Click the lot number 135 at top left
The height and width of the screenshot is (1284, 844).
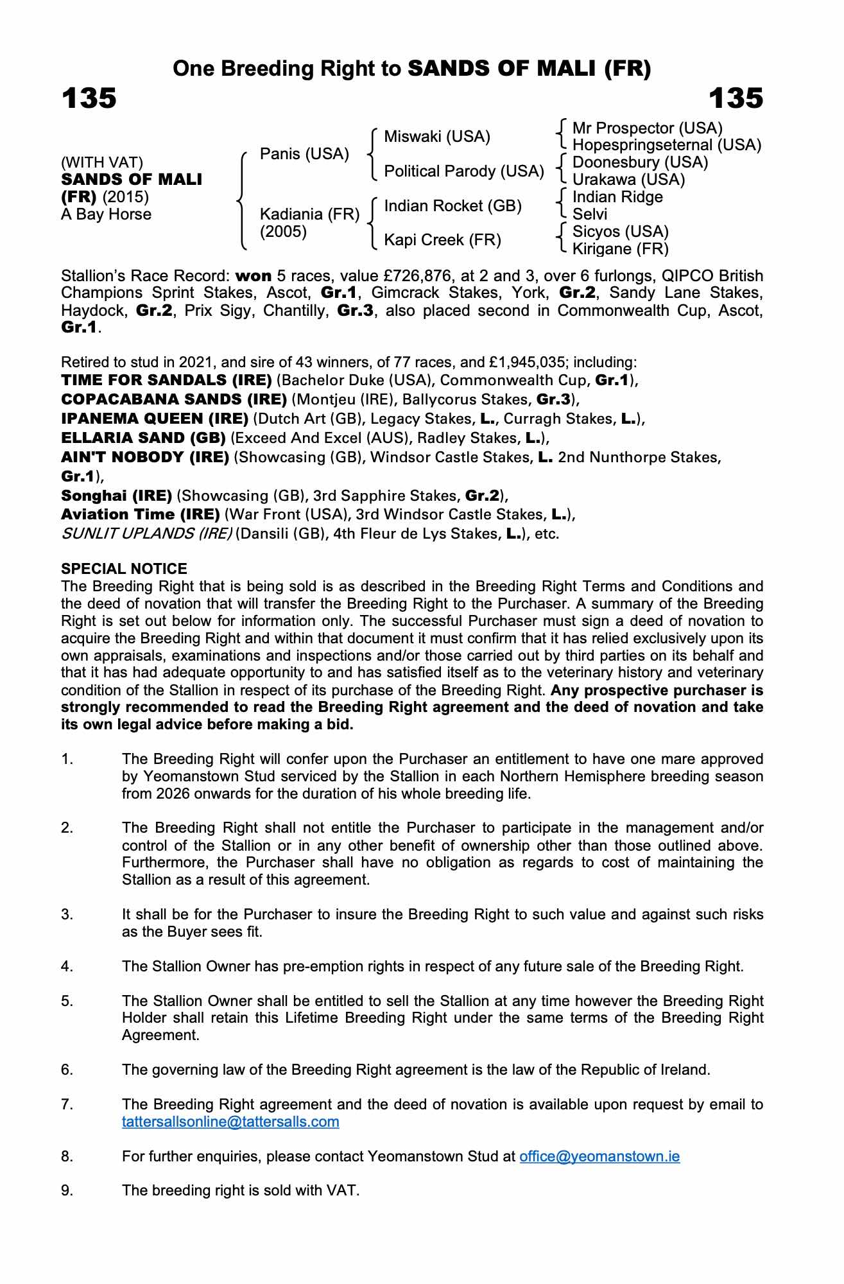[89, 99]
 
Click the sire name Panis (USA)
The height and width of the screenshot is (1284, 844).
[304, 154]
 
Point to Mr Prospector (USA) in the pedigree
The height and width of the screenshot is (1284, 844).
[647, 128]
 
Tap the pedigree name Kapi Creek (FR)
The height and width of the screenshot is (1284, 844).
[442, 240]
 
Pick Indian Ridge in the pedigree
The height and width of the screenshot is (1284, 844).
[617, 197]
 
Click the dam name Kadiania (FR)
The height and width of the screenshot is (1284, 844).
[309, 214]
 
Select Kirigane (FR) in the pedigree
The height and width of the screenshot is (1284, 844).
[620, 248]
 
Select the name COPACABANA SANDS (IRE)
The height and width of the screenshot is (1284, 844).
[174, 399]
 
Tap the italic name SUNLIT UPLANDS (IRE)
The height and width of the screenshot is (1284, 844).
[146, 534]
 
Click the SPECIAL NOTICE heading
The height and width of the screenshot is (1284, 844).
[124, 569]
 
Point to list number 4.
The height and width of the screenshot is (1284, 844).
[67, 967]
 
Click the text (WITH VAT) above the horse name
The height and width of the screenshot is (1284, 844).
[101, 163]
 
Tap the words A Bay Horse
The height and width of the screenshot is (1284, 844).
[106, 214]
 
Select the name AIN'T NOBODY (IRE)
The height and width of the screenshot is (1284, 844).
[145, 457]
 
